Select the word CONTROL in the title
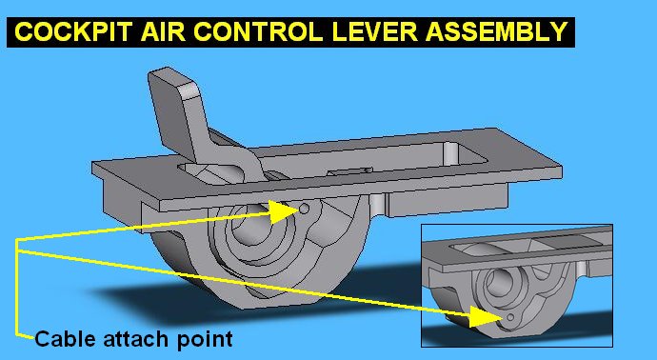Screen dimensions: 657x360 (x=258, y=31)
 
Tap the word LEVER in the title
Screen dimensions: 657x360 (x=375, y=31)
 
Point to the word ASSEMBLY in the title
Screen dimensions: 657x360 (x=497, y=31)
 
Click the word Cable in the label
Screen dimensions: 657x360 (x=66, y=338)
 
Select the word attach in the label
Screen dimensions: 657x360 (x=137, y=338)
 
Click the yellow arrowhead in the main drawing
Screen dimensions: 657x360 (x=283, y=212)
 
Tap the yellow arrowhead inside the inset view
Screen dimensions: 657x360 (x=486, y=316)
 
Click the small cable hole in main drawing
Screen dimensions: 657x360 (x=305, y=209)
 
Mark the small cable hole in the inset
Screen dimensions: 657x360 (x=510, y=318)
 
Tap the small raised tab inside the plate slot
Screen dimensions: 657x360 (x=349, y=171)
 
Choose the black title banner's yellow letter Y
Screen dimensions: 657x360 (x=559, y=31)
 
